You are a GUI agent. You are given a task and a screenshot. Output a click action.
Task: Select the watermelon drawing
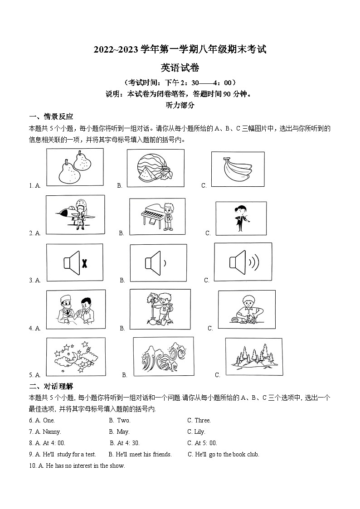(156, 168)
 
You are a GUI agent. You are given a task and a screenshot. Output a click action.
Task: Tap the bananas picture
(238, 169)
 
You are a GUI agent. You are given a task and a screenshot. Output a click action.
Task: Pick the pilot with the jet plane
(75, 214)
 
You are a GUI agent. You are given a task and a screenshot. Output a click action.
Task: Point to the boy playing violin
(241, 218)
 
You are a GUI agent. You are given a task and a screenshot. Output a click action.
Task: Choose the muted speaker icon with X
(75, 262)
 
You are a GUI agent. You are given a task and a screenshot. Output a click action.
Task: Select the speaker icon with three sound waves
(243, 262)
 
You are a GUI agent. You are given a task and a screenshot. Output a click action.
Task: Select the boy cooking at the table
(246, 309)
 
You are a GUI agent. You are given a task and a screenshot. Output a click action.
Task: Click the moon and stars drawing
(76, 357)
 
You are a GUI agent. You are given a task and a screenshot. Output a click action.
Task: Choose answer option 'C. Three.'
(199, 420)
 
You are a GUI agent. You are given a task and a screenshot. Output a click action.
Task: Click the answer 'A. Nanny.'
(45, 431)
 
